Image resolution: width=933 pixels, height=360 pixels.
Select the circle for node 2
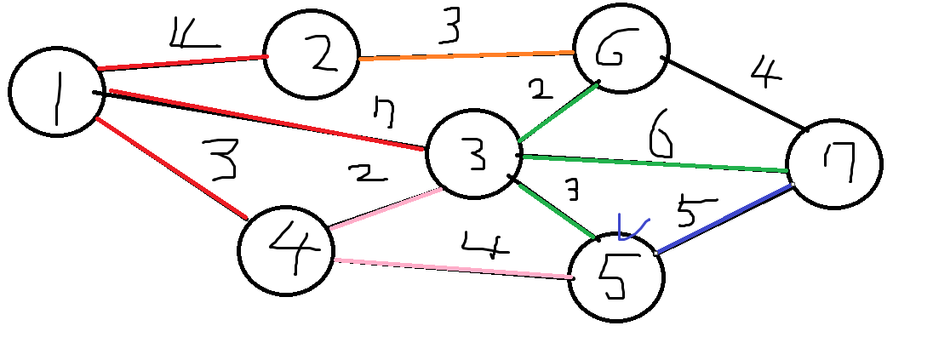(x=312, y=57)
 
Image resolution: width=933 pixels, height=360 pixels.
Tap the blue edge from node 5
(x=724, y=219)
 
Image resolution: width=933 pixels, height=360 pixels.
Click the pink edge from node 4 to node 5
(x=451, y=268)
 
